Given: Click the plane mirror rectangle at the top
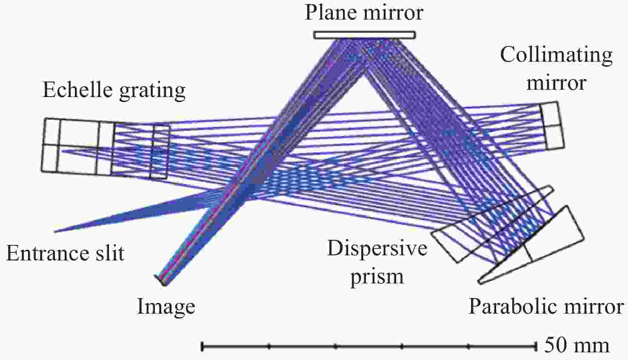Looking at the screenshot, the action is [365, 35].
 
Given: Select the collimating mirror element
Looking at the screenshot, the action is [552, 126].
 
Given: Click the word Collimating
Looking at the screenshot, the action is [556, 55].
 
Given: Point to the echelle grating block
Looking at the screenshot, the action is [106, 148].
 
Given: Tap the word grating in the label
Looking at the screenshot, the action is [152, 91].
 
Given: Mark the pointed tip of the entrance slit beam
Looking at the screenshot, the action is [54, 232].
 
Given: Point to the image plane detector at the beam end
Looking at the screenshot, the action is [160, 280].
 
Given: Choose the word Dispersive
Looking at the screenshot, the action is [377, 248].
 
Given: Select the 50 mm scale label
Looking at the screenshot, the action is [577, 345].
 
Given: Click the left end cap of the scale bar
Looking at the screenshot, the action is [202, 346].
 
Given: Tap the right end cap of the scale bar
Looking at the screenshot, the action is [536, 346].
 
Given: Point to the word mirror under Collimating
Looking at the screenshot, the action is [557, 83].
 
